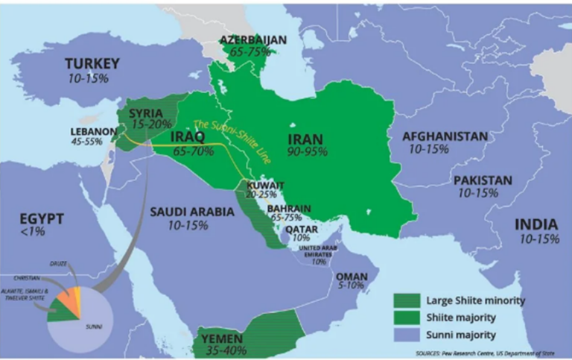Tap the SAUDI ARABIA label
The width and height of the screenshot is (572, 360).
[192, 212]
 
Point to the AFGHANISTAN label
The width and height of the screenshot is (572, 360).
[445, 136]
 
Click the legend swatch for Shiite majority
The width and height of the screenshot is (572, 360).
[408, 318]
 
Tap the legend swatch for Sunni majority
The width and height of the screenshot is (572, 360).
[408, 335]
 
